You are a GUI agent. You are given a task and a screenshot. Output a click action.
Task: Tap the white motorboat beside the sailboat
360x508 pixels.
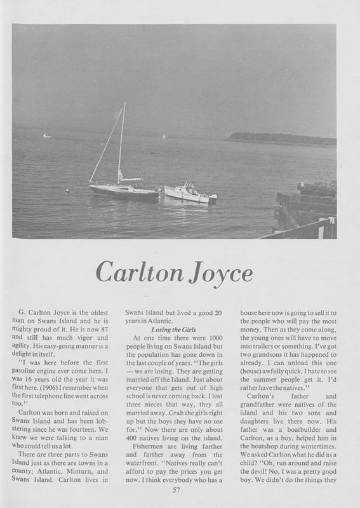[x=189, y=193]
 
